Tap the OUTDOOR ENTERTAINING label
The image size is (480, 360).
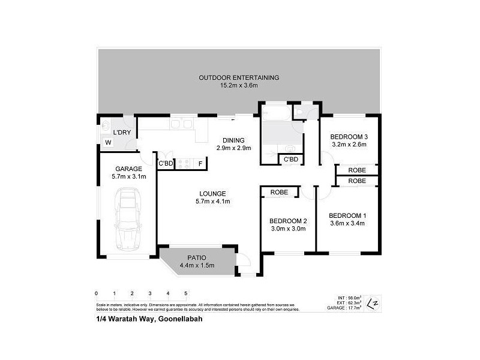(x=239, y=78)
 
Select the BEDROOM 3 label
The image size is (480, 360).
(x=349, y=136)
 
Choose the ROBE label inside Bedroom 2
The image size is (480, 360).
(x=279, y=193)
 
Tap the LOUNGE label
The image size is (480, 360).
(x=213, y=193)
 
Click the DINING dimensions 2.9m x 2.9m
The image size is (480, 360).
(x=233, y=148)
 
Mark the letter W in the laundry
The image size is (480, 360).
(x=108, y=143)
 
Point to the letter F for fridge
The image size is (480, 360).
(x=200, y=163)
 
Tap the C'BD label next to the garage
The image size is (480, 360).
(x=166, y=163)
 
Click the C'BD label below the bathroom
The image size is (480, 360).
(x=291, y=159)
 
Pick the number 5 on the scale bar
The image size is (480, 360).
(x=186, y=293)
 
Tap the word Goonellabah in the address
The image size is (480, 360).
(x=179, y=320)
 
